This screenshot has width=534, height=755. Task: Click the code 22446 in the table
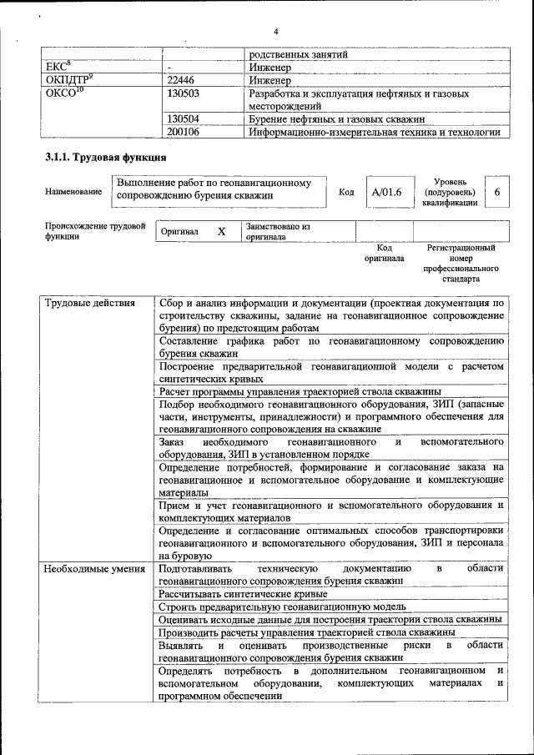(x=184, y=81)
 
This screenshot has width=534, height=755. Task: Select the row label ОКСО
(x=63, y=93)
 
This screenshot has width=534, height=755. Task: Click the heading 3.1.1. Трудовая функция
(x=104, y=157)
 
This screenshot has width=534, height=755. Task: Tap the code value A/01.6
(x=387, y=192)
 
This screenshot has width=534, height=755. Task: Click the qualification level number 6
(x=497, y=192)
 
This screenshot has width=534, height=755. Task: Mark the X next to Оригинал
(x=221, y=231)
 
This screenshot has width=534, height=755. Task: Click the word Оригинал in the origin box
(x=179, y=231)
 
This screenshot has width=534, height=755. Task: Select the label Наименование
(x=73, y=192)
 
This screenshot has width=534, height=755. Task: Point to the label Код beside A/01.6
(x=346, y=192)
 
